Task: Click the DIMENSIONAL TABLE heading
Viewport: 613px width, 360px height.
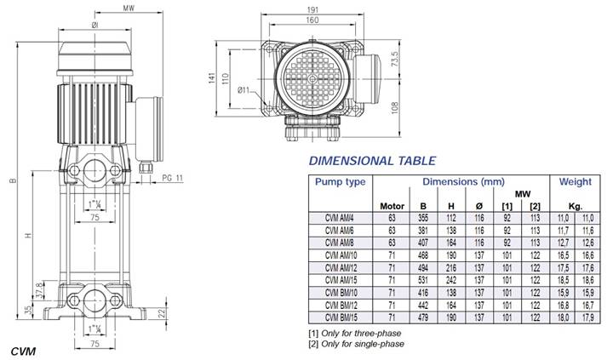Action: [x=372, y=161]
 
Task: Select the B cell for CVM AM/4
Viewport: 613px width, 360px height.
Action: [x=423, y=218]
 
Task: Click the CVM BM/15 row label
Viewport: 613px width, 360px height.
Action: [x=341, y=317]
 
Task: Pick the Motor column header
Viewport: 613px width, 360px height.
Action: [x=392, y=206]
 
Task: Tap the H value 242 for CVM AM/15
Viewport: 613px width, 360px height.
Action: [x=451, y=280]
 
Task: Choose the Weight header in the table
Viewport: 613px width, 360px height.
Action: [x=575, y=182]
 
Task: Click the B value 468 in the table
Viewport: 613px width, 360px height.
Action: [x=423, y=255]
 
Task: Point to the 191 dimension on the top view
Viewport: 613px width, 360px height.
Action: [x=312, y=9]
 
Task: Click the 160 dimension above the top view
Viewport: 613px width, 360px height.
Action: [x=312, y=20]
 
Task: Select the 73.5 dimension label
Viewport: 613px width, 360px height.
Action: [x=396, y=59]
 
